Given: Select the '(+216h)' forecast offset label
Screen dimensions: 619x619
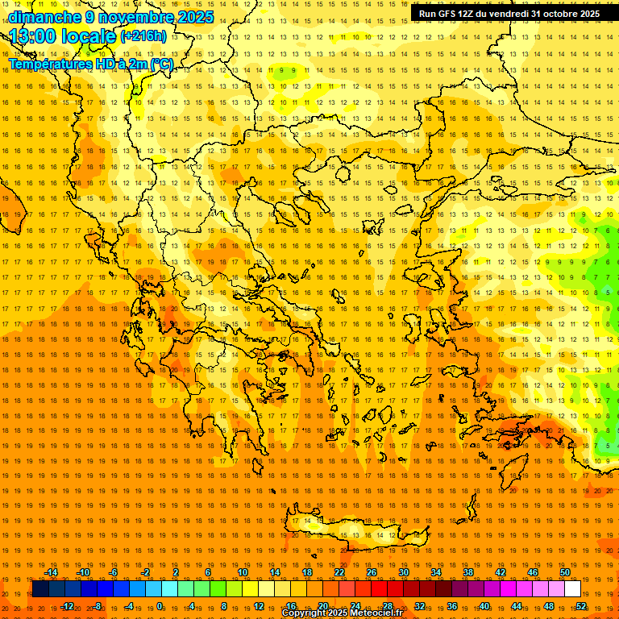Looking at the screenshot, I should pyautogui.click(x=143, y=36).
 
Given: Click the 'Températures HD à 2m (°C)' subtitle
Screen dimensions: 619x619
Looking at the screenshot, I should pyautogui.click(x=90, y=64).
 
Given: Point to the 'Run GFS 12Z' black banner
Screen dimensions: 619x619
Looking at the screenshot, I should pyautogui.click(x=509, y=14).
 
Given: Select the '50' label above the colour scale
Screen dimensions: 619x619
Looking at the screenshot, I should pyautogui.click(x=565, y=572).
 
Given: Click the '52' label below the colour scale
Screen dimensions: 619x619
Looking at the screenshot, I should pyautogui.click(x=581, y=606).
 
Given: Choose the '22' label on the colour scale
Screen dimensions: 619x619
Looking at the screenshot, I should pyautogui.click(x=339, y=572).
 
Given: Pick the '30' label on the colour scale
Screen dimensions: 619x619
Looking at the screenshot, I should pyautogui.click(x=404, y=572).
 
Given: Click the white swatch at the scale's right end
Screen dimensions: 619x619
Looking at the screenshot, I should pyautogui.click(x=573, y=589).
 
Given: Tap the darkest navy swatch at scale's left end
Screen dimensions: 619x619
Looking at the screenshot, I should pyautogui.click(x=41, y=589).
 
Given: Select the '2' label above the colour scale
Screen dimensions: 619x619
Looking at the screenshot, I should pyautogui.click(x=176, y=572).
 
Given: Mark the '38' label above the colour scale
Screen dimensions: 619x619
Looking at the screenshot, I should pyautogui.click(x=468, y=572).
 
